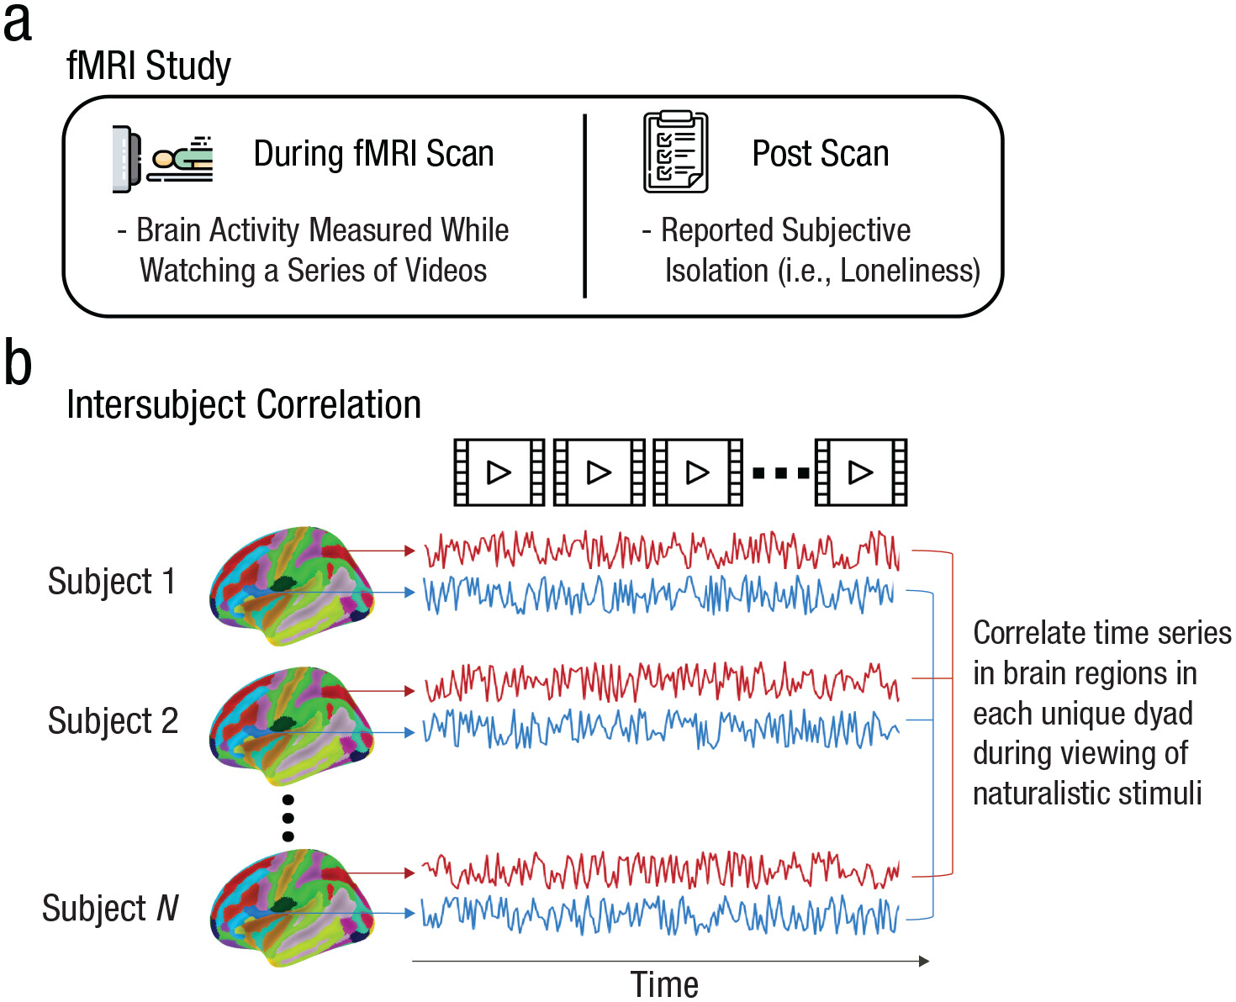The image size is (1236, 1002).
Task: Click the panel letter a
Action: pyautogui.click(x=18, y=24)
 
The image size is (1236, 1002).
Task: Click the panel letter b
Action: pyautogui.click(x=18, y=363)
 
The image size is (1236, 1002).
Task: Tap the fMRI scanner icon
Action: pyautogui.click(x=162, y=158)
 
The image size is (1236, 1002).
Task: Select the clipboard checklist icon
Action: pyautogui.click(x=675, y=153)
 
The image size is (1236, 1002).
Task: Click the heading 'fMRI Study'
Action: pyautogui.click(x=149, y=66)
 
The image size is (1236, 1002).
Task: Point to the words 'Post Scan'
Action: pyautogui.click(x=820, y=154)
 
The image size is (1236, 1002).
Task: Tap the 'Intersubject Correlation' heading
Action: pyautogui.click(x=244, y=404)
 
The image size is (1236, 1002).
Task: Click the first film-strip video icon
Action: pyautogui.click(x=499, y=472)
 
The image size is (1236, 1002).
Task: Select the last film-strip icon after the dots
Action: pyautogui.click(x=860, y=472)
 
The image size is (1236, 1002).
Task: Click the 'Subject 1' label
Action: pyautogui.click(x=111, y=582)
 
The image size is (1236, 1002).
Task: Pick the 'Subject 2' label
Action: pyautogui.click(x=113, y=721)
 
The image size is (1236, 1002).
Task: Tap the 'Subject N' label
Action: pyautogui.click(x=110, y=909)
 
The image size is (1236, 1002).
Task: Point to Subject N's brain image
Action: pyautogui.click(x=291, y=908)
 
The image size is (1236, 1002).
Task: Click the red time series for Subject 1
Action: pyautogui.click(x=661, y=551)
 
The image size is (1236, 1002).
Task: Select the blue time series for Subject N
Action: pyautogui.click(x=661, y=914)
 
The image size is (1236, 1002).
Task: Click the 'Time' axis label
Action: pyautogui.click(x=664, y=984)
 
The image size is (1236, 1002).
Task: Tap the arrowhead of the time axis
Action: pyautogui.click(x=924, y=961)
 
